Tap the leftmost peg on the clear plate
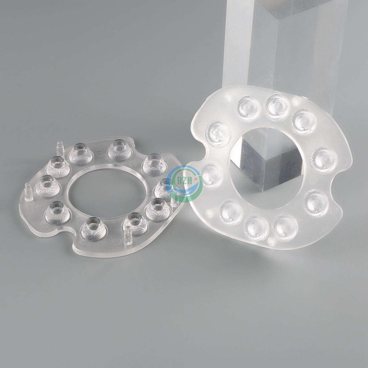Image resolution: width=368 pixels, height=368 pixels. click(28, 191)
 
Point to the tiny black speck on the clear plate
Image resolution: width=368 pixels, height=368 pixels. click(98, 152)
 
